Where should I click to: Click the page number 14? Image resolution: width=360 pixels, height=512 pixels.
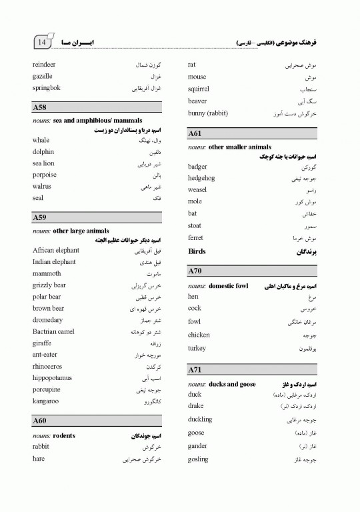(42, 43)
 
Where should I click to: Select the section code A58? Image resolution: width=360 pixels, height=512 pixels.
(39, 107)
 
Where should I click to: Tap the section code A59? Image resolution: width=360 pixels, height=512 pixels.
(39, 217)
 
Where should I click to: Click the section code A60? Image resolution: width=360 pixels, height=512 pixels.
(39, 421)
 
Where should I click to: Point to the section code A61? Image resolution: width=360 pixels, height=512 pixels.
(195, 134)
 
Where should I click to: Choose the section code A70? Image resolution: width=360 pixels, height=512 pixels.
(195, 271)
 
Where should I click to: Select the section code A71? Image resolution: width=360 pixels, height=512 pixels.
(195, 369)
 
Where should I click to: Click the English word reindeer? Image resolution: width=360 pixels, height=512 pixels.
(44, 65)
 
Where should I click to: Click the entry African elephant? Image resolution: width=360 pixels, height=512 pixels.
(55, 251)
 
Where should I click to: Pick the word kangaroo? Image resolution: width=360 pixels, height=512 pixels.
(45, 401)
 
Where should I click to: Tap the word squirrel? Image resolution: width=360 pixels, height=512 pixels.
(199, 89)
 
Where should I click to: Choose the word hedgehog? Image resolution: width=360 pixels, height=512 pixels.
(202, 178)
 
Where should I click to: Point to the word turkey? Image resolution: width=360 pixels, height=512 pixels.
(197, 349)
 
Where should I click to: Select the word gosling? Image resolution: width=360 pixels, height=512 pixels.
(199, 459)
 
